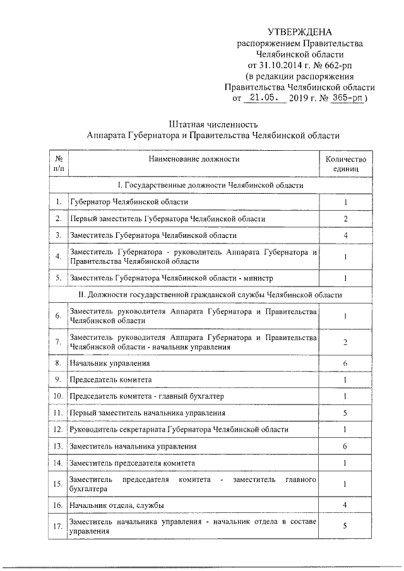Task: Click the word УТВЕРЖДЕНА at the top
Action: [x=299, y=32]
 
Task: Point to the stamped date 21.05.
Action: [x=263, y=98]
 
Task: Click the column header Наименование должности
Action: [x=194, y=159]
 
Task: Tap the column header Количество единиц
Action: [x=345, y=164]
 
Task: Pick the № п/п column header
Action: [x=58, y=164]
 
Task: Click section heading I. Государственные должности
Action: [x=210, y=185]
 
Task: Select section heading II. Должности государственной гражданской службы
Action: [x=210, y=295]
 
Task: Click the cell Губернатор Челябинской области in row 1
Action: [x=129, y=202]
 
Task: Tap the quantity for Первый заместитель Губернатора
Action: [x=345, y=218]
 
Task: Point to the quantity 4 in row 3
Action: [x=345, y=235]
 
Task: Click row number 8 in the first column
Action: [x=58, y=363]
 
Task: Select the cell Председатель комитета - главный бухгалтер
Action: [x=146, y=396]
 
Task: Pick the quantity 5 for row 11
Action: [x=345, y=413]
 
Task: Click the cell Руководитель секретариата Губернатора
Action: [x=179, y=429]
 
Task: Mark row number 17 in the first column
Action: [x=58, y=527]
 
